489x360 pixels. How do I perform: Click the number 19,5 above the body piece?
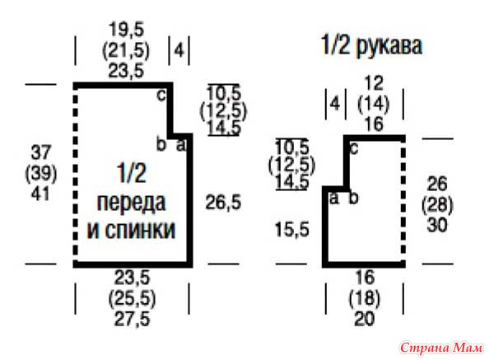click(x=127, y=30)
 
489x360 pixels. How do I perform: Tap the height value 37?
click(x=41, y=152)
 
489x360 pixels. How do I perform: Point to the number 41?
click(x=40, y=194)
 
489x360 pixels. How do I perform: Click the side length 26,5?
click(x=223, y=203)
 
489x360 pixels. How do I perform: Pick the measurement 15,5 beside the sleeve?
click(x=292, y=230)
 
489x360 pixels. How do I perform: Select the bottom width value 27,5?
click(x=133, y=319)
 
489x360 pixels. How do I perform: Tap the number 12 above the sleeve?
click(x=374, y=83)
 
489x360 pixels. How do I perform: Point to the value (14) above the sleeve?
click(x=374, y=104)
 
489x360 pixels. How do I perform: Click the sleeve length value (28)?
click(x=437, y=205)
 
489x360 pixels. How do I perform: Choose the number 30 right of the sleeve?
click(x=437, y=225)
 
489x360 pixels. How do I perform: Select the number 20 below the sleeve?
click(x=365, y=319)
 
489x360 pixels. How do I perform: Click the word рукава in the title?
click(x=389, y=46)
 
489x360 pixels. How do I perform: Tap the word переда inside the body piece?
click(x=131, y=203)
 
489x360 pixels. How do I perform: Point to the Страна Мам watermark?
click(x=441, y=347)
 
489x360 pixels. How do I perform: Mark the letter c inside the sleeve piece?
click(x=354, y=149)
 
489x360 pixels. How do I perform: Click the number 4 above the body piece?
click(x=179, y=50)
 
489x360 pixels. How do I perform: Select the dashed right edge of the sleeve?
click(x=403, y=201)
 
